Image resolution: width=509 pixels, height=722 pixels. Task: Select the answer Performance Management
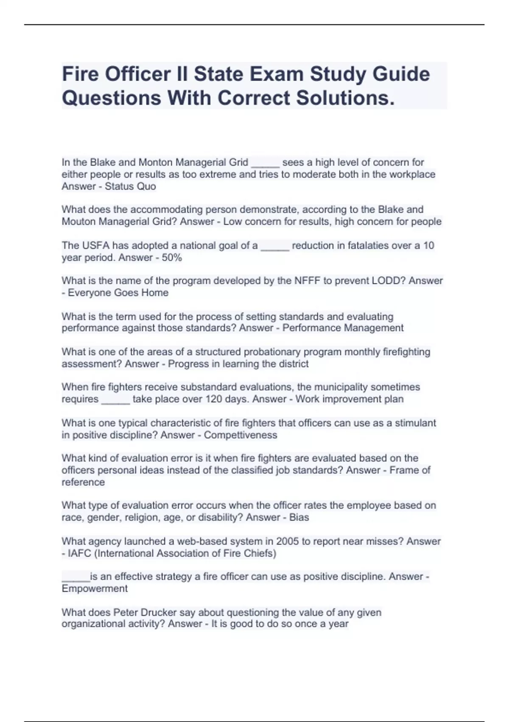click(343, 328)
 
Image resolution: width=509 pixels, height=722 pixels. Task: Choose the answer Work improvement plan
click(349, 399)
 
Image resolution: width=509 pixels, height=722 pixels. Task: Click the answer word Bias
click(299, 517)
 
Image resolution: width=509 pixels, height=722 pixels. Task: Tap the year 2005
click(288, 541)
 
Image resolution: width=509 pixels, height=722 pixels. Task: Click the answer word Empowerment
click(95, 589)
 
